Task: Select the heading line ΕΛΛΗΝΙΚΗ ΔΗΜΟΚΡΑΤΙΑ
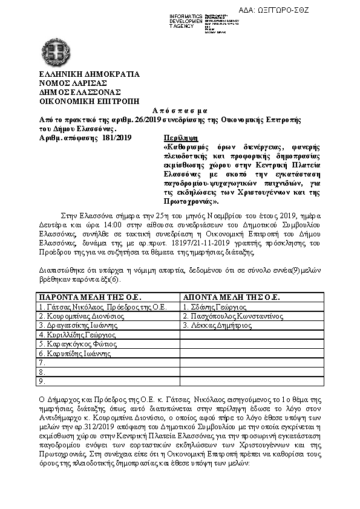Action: pos(89,75)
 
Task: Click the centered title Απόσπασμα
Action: pos(180,111)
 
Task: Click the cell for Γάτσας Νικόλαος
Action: pos(102,306)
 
